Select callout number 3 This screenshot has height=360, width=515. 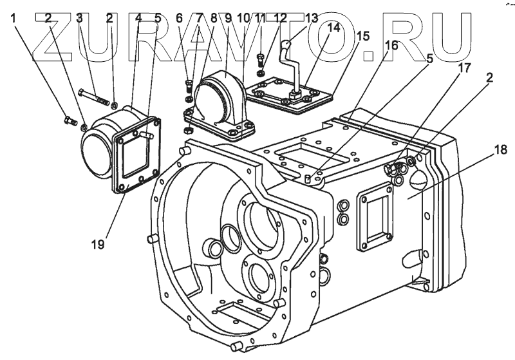79,18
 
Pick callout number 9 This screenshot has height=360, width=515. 227,18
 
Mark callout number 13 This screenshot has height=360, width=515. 312,18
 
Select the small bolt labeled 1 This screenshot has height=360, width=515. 69,120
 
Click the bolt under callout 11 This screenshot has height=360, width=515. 261,59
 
